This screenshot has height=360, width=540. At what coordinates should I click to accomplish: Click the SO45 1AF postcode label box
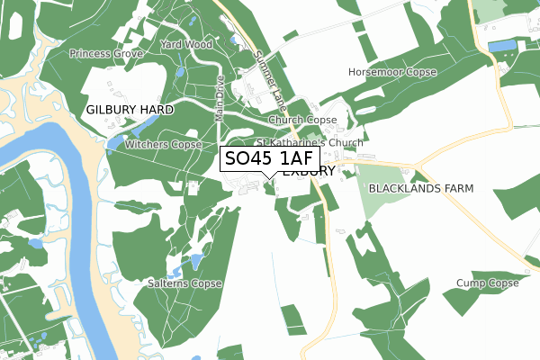point(268,159)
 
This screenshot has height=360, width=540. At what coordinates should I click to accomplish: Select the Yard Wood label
point(185,44)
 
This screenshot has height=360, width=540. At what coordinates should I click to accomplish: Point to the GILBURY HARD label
point(130,109)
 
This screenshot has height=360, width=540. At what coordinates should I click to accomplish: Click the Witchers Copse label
point(163,144)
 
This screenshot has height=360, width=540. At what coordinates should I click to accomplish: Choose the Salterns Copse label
point(184,283)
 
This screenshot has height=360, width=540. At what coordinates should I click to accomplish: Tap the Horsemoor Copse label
point(391,71)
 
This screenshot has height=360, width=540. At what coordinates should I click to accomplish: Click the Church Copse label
point(302,120)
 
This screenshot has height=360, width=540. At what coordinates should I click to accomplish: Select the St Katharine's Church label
point(310,142)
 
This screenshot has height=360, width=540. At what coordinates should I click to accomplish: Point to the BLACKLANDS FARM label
point(420,188)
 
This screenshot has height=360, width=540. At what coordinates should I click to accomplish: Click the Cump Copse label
point(488,283)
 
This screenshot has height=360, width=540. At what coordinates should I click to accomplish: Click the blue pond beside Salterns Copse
point(195,262)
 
